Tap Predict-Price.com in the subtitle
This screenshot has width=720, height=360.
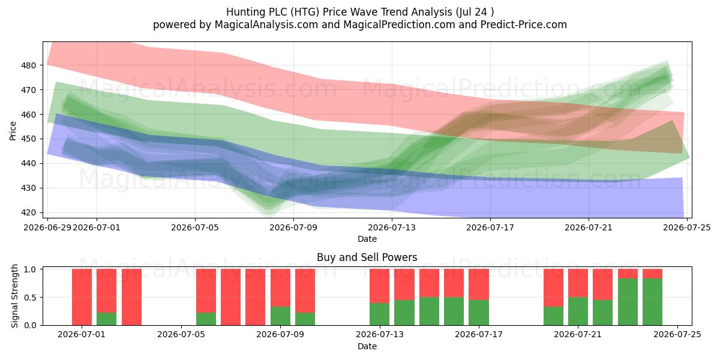click(x=524, y=25)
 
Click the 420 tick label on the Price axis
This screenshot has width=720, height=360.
click(x=29, y=212)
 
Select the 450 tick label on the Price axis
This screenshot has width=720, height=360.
click(x=29, y=139)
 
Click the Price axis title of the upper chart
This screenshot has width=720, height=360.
click(x=13, y=131)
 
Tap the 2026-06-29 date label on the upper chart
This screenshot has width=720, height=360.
click(x=47, y=227)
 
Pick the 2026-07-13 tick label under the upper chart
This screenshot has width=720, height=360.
click(x=391, y=227)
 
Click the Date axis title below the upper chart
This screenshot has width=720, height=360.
click(x=367, y=239)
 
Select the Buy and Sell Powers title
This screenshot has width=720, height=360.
click(x=367, y=257)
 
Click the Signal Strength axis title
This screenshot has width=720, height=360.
click(x=14, y=296)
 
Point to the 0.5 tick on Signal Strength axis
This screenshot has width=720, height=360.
click(x=30, y=298)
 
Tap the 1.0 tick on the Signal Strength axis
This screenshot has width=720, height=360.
click(x=30, y=269)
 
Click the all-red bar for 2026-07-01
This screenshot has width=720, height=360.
click(x=82, y=297)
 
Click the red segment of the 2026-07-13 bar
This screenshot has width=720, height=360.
click(x=379, y=286)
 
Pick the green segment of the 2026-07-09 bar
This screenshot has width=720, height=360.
click(x=280, y=316)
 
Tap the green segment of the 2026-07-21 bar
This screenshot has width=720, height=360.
click(x=578, y=311)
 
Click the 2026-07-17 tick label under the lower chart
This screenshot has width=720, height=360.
click(x=479, y=335)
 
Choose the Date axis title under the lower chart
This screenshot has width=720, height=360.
click(x=367, y=346)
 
